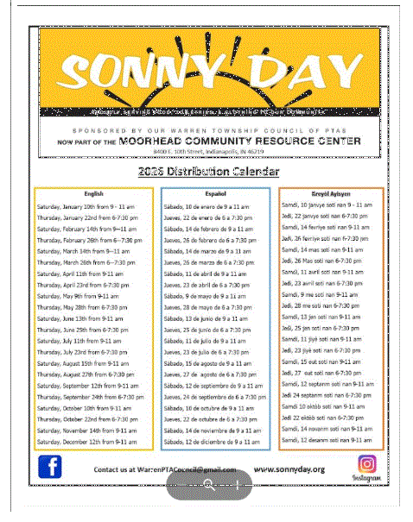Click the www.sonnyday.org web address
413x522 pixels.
289,469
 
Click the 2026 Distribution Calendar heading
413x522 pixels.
206,173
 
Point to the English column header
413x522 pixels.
94,194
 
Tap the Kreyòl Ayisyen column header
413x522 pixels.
330,194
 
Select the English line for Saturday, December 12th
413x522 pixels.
86,441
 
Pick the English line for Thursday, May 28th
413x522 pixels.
86,307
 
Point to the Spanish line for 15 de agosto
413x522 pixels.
207,363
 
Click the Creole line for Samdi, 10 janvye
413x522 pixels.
327,204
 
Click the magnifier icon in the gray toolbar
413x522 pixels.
207,486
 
